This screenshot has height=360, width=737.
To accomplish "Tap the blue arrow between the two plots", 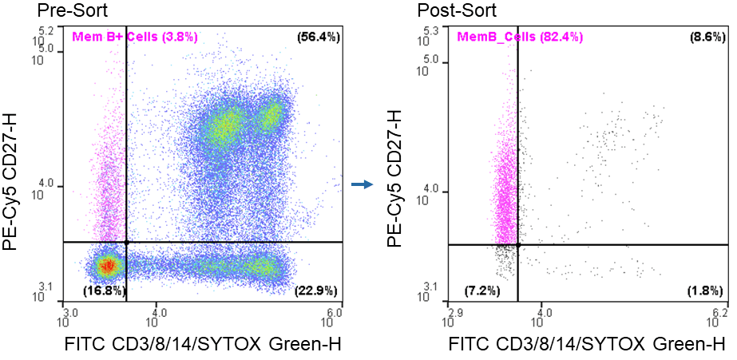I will tap(363, 185).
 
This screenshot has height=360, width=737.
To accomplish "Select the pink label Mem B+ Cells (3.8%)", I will tap(135, 37).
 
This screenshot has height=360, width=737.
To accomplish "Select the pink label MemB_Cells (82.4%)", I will tap(519, 37).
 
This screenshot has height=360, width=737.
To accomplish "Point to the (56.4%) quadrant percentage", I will tap(317, 37).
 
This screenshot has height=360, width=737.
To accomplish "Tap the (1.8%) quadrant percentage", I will tap(706, 290).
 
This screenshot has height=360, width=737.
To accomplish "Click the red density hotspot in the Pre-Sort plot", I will tap(107, 264).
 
